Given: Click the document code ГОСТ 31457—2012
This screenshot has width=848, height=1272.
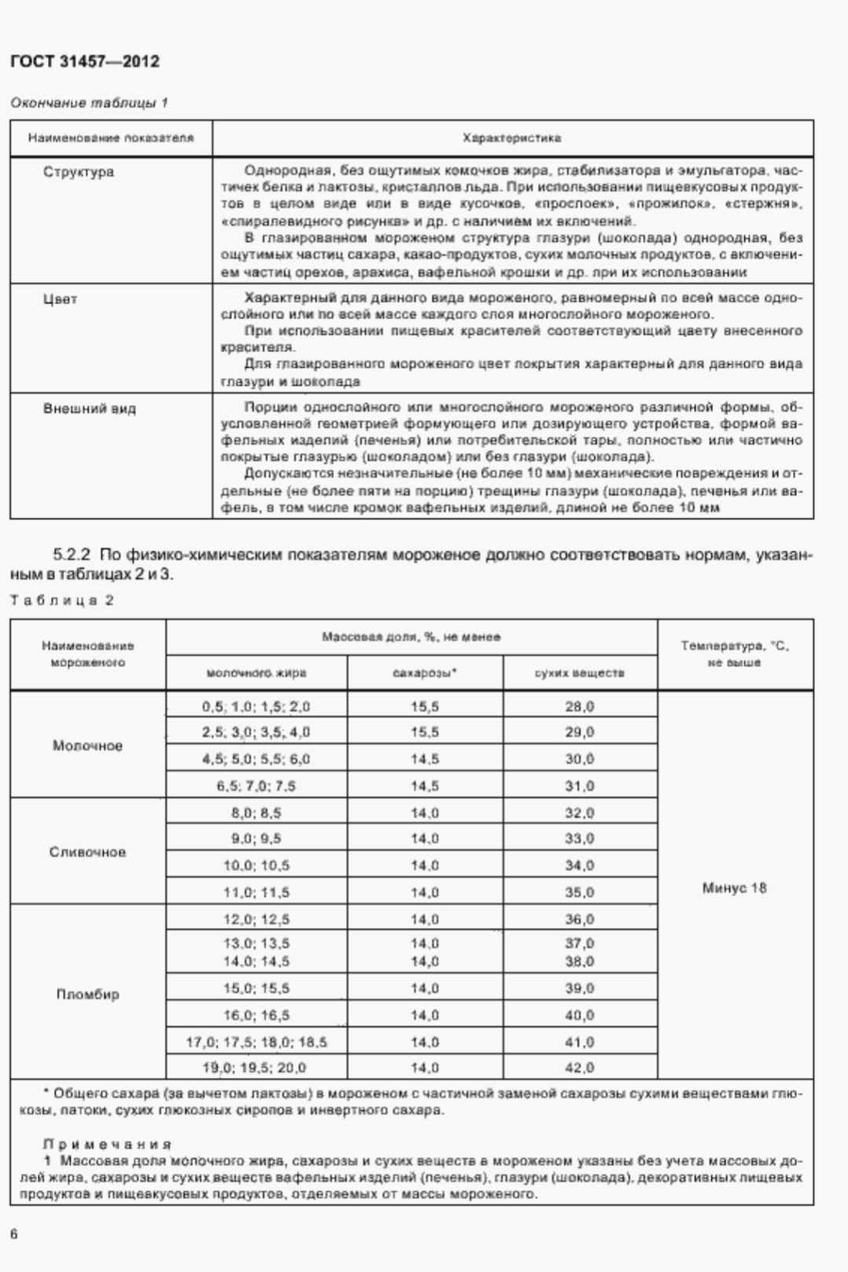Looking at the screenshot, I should (85, 61).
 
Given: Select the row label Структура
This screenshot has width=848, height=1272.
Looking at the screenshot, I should (79, 172).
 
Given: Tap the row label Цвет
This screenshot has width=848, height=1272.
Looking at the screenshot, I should (61, 299).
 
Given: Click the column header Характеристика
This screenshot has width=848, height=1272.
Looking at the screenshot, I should (512, 138).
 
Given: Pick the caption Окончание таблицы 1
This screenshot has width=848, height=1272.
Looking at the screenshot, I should (89, 103).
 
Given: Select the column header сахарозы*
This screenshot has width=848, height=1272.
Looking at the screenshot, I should (424, 673).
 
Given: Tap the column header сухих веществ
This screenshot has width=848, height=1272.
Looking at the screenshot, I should (579, 673).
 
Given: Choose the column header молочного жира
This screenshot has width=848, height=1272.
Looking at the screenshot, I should (256, 673).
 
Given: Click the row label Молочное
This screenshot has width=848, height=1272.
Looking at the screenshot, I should (87, 746).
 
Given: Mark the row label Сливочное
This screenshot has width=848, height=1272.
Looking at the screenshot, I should (87, 852).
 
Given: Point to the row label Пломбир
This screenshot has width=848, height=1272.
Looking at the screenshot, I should (87, 994).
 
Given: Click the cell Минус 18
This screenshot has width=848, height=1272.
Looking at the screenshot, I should (734, 888).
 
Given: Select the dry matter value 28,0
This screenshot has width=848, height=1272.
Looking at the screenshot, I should (579, 706).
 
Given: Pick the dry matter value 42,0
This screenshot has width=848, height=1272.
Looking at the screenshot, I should (579, 1068).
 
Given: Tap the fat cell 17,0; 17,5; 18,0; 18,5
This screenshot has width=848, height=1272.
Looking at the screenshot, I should (256, 1042).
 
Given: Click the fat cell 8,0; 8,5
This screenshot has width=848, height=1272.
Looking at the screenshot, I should (256, 812).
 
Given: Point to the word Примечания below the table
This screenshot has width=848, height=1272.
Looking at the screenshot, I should (107, 1144).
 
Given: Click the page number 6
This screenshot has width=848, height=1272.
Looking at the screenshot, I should (14, 1234).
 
